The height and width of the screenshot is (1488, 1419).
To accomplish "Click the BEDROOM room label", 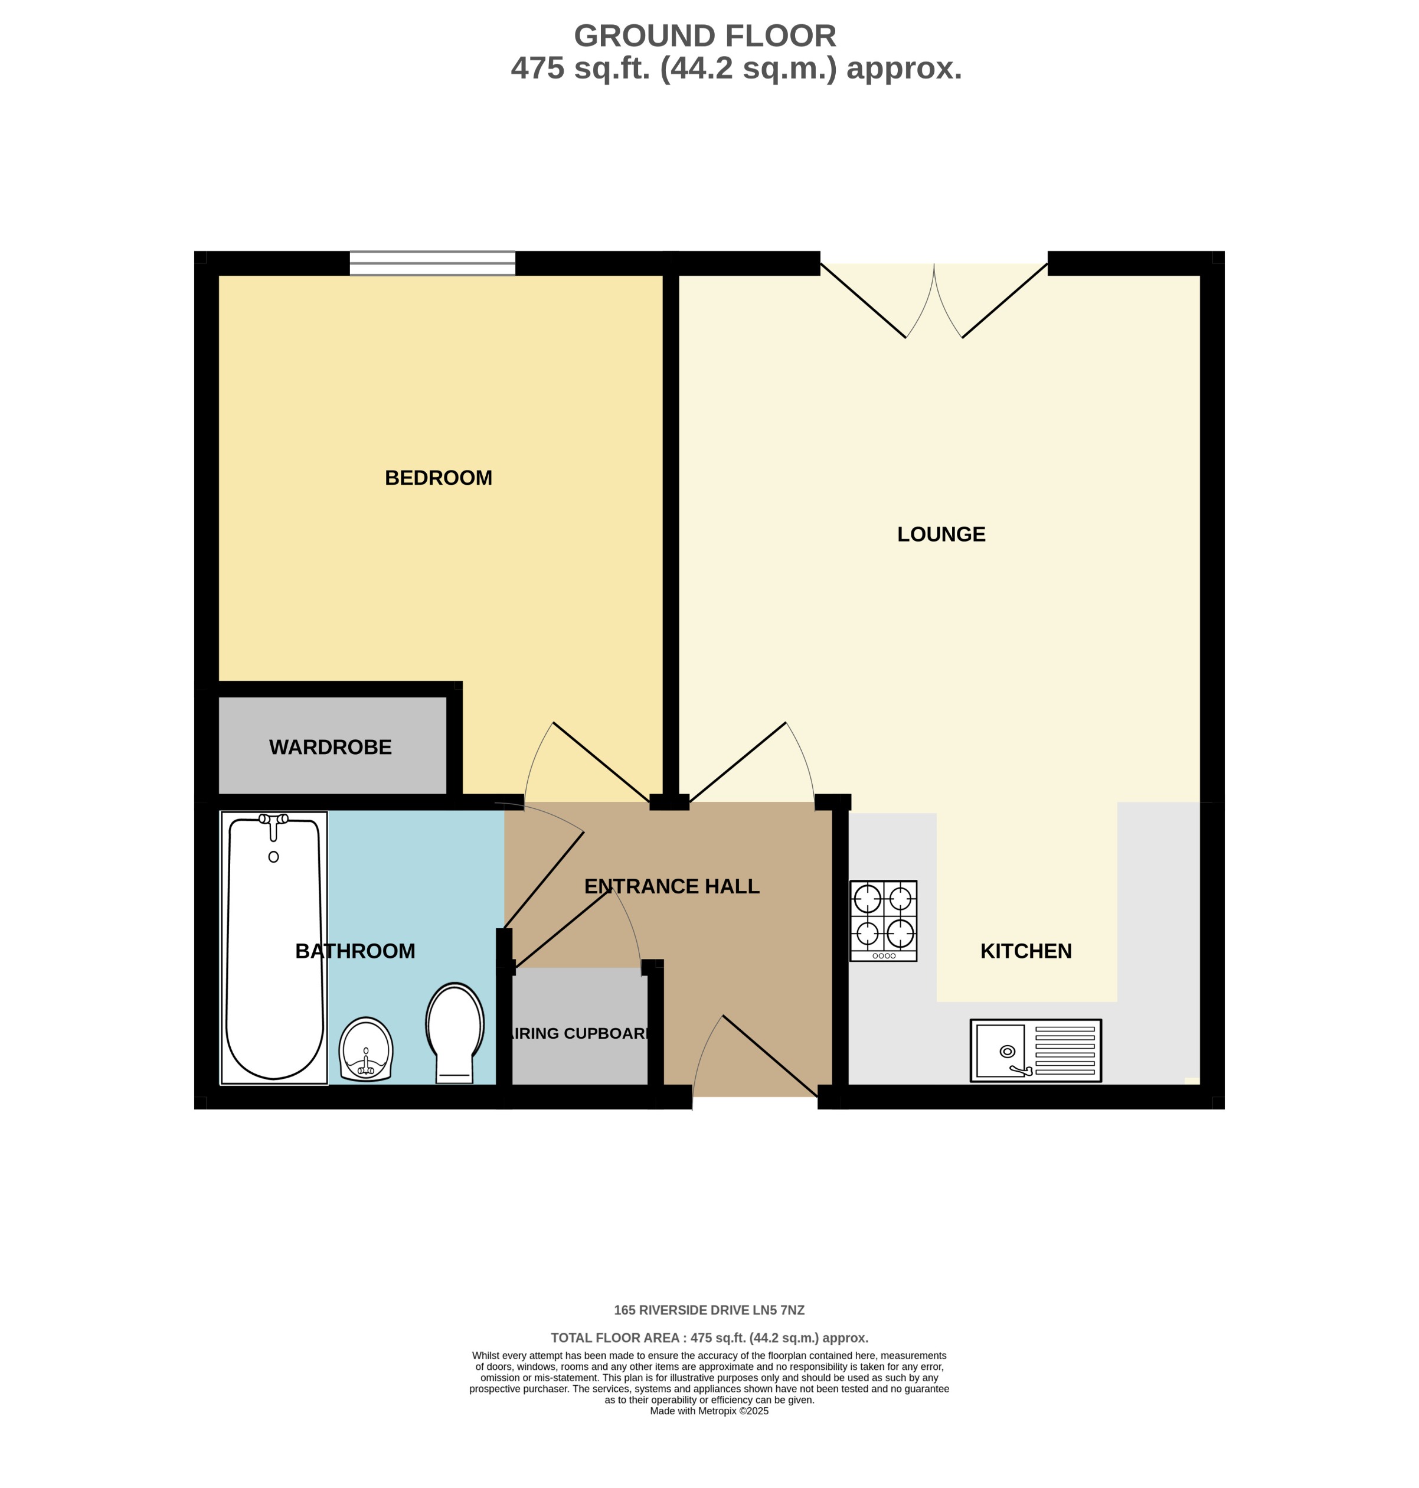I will click(438, 477).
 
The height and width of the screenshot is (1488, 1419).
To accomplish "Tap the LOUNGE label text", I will click(940, 534).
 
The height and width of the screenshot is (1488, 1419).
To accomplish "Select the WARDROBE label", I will click(330, 746).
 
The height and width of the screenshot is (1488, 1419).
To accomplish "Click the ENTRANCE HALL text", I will click(671, 886).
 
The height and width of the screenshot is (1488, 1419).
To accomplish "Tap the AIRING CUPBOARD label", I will click(580, 1033).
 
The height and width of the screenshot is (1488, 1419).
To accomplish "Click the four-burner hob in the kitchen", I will click(882, 921).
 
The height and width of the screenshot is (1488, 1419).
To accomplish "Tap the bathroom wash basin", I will click(365, 1049).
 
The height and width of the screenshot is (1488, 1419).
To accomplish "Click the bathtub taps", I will click(273, 820).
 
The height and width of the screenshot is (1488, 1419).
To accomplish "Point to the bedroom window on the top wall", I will click(432, 263).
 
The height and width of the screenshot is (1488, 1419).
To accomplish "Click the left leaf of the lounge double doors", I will click(863, 301).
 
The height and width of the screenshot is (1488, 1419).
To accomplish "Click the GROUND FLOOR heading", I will click(704, 35).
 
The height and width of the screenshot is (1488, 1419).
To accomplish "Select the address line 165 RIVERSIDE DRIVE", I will click(709, 1310).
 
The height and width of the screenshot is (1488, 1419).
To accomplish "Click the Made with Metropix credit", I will click(709, 1411).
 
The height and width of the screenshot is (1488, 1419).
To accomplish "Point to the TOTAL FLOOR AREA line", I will click(709, 1338).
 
